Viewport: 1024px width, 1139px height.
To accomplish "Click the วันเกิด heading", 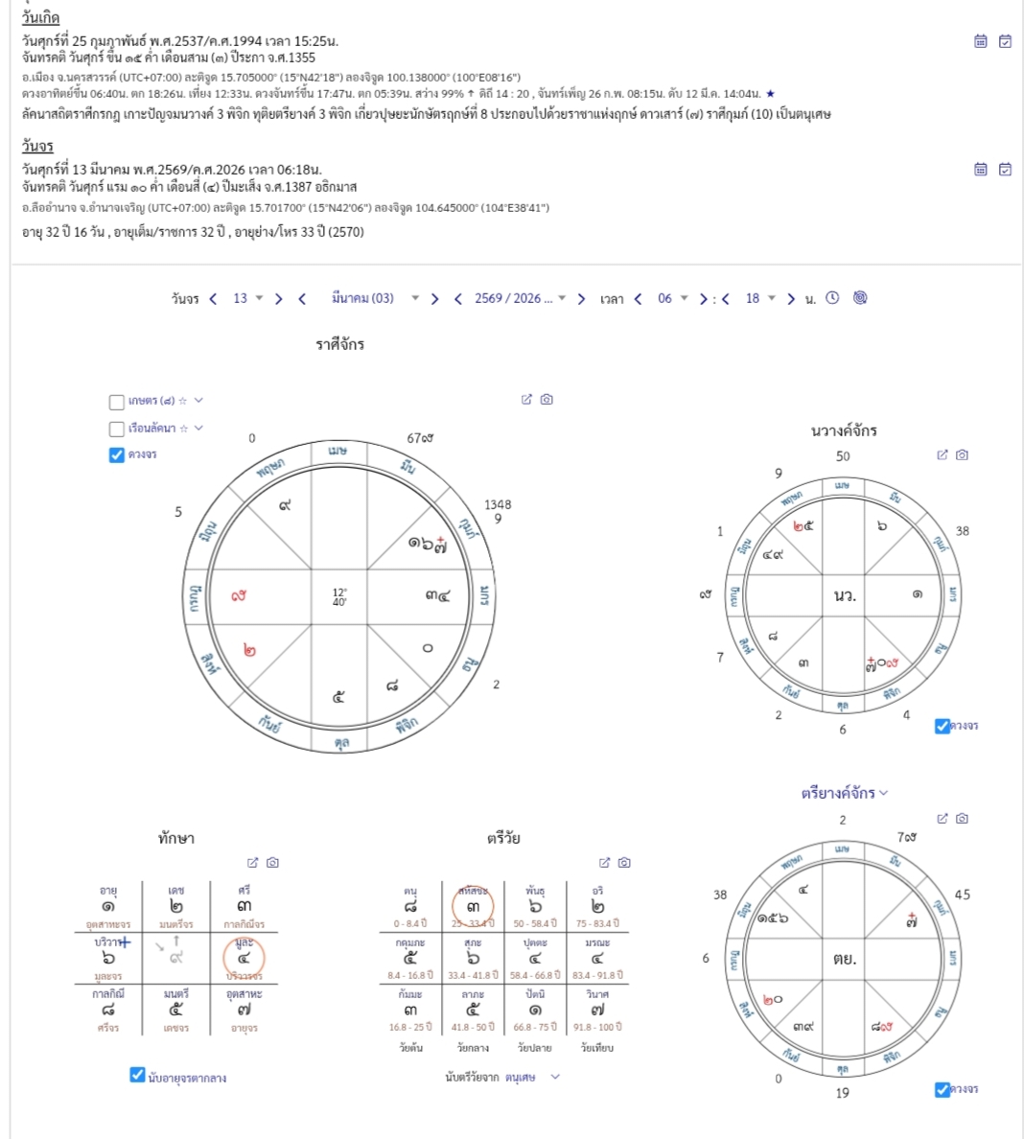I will (40, 18).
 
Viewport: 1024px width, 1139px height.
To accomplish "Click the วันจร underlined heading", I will (37, 146).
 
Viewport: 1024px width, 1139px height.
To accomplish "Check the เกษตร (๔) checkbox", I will (117, 402).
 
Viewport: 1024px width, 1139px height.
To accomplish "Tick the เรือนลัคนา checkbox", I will (117, 429).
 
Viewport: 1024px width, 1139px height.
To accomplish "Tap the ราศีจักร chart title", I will (340, 344).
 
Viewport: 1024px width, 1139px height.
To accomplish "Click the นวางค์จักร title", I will (844, 430).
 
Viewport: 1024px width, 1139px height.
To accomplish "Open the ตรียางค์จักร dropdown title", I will (844, 793).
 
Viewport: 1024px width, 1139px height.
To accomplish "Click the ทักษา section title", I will (176, 838).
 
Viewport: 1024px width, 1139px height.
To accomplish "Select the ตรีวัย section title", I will (503, 838).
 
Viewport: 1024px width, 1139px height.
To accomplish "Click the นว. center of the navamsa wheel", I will (844, 595).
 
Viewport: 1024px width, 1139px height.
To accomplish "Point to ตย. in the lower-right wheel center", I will (844, 958).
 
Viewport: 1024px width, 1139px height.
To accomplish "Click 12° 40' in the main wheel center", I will (339, 596).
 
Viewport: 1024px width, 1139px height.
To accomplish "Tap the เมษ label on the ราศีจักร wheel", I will (337, 451).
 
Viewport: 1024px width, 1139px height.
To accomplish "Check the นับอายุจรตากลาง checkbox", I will (138, 1075).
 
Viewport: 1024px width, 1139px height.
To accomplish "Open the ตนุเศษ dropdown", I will (532, 1078).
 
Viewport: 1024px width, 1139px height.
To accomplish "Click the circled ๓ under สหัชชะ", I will (473, 906).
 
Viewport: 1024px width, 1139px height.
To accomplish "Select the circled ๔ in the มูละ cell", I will (244, 958).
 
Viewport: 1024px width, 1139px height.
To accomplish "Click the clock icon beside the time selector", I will (832, 298).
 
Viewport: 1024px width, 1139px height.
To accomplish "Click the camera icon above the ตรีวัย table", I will (624, 863).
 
